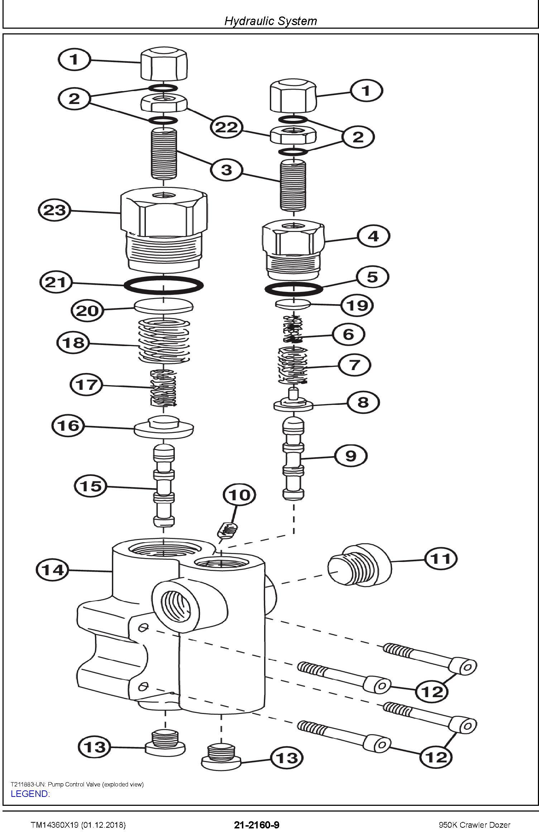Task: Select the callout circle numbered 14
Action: tap(53, 569)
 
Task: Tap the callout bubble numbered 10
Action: tap(239, 495)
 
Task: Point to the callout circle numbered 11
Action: tap(441, 558)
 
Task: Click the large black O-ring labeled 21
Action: tap(163, 285)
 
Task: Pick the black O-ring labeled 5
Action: tap(294, 288)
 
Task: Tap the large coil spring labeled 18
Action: tap(164, 340)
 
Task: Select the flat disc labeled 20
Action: tap(164, 307)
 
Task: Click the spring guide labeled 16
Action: tap(164, 426)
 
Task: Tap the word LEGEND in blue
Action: tap(30, 794)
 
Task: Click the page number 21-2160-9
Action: tap(257, 825)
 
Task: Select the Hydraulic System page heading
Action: tap(271, 21)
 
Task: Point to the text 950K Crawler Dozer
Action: tap(474, 825)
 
